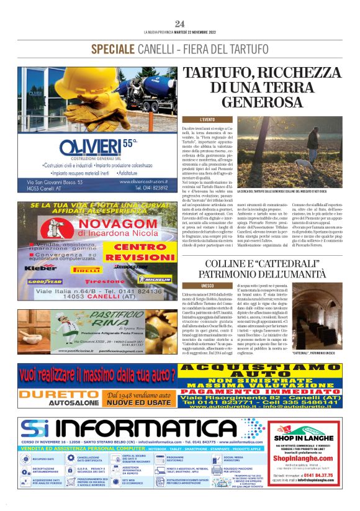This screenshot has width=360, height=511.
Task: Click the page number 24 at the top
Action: [x=180, y=24]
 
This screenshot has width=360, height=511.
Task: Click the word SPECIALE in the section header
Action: [x=114, y=49]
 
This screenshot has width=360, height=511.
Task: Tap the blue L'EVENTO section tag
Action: [x=190, y=119]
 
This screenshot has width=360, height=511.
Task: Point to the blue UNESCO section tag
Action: [x=190, y=286]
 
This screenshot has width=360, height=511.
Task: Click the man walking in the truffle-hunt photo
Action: [x=312, y=140]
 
